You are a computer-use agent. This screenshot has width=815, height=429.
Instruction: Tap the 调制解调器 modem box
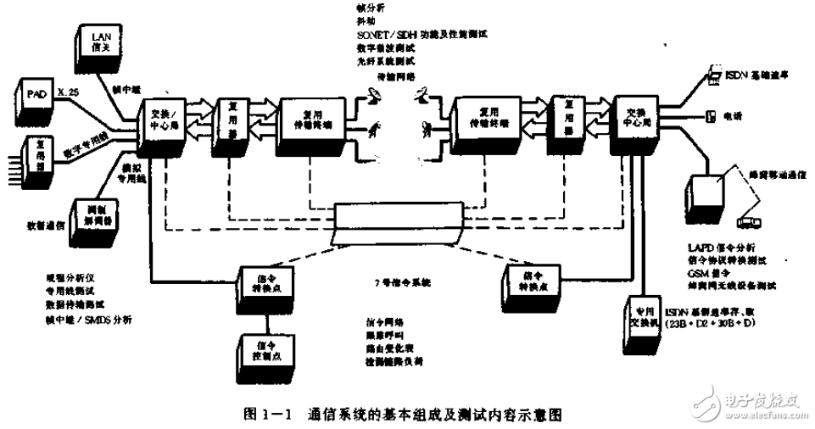click(x=96, y=216)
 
